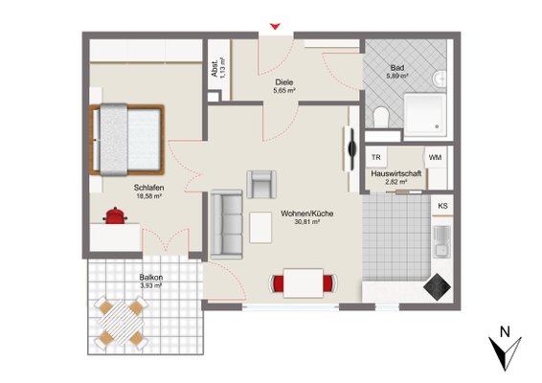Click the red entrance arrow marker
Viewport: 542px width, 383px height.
tap(275, 26)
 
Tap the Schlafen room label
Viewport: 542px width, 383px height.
tap(148, 188)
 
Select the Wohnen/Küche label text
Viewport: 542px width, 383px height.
tap(307, 214)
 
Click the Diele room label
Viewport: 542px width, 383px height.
tap(284, 82)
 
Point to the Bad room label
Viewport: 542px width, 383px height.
tap(397, 68)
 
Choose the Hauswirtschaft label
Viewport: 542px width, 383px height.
tap(396, 173)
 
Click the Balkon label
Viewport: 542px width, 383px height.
tap(151, 278)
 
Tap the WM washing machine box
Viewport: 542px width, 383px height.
tap(435, 157)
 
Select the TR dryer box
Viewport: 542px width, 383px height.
tap(376, 157)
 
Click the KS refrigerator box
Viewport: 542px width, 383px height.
tap(442, 206)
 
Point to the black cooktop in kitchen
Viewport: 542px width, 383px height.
tap(438, 286)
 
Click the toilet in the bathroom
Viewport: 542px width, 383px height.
tap(381, 117)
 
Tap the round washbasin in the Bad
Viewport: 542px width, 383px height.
tap(440, 79)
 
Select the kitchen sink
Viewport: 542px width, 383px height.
tap(441, 242)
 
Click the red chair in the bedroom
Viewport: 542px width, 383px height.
tap(115, 215)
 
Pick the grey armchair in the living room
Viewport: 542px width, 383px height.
tap(261, 184)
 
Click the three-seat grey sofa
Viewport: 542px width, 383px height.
tap(227, 224)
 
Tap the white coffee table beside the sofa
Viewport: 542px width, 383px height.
tap(260, 228)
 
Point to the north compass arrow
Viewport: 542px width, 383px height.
tap(505, 352)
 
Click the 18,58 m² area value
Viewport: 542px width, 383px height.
tap(149, 196)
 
